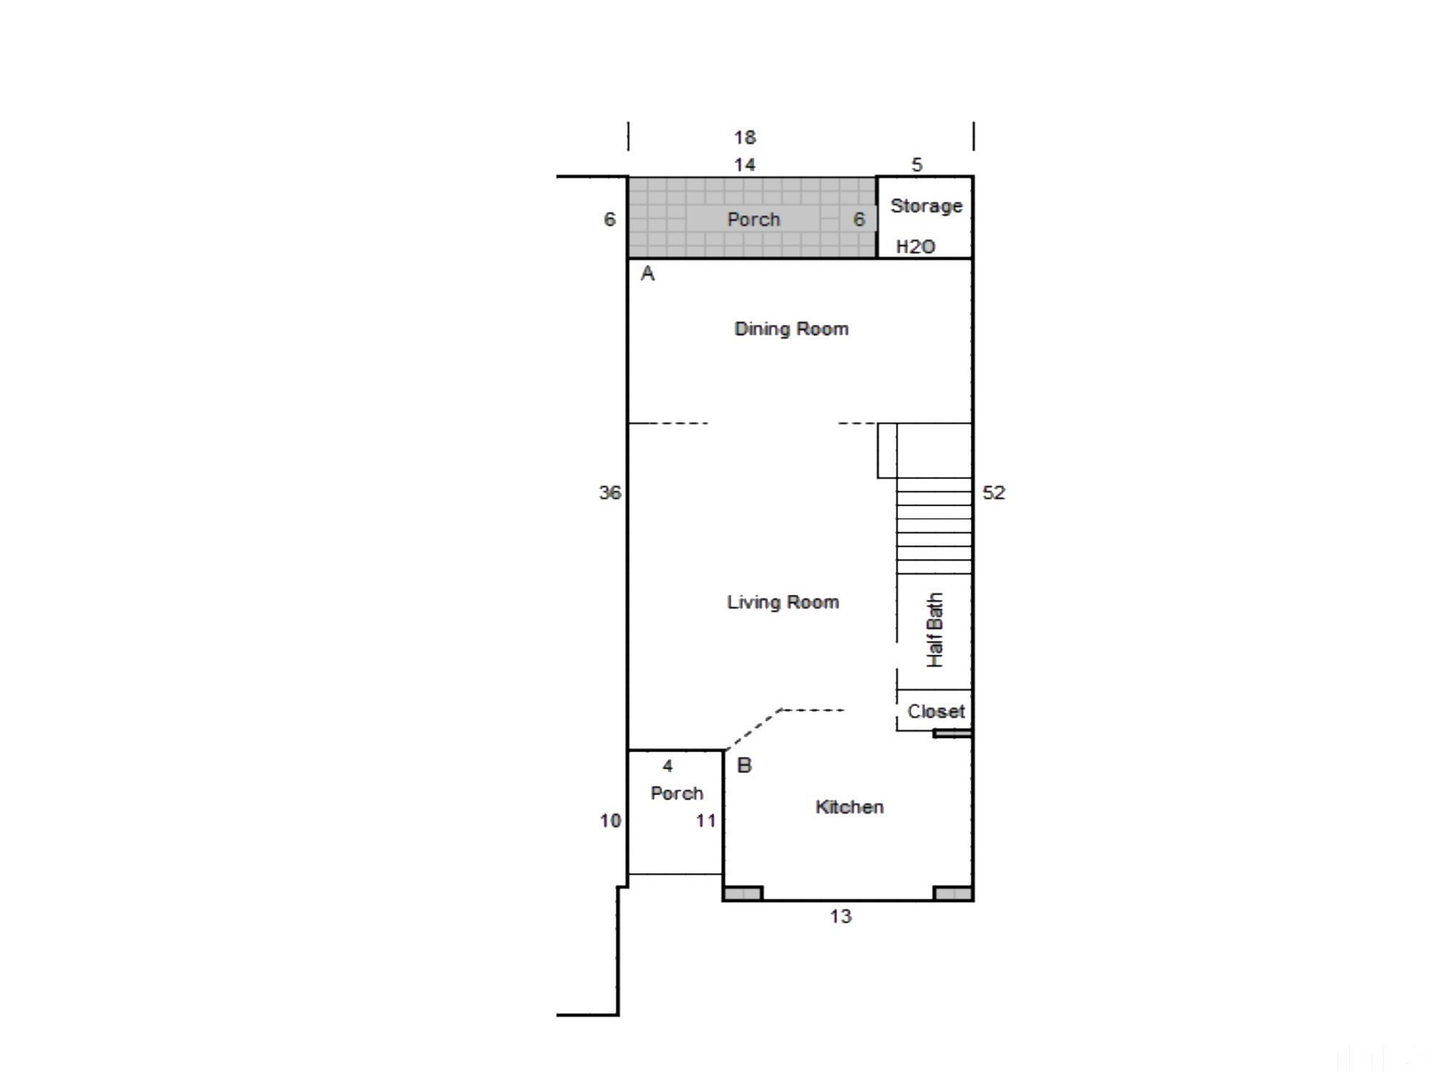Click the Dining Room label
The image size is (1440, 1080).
[x=791, y=329]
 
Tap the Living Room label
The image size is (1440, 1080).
[x=783, y=602]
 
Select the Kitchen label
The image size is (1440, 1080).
[x=850, y=806]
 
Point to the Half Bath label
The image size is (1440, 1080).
[x=935, y=630]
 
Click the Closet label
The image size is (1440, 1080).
[x=935, y=711]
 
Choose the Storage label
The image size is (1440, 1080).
[x=926, y=206]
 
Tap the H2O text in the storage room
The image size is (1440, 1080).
[x=915, y=247]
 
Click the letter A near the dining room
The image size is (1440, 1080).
[x=647, y=274]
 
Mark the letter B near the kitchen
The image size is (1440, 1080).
[x=744, y=765]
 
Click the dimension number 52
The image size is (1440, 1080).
[x=994, y=492]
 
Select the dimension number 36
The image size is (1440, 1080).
[x=610, y=492]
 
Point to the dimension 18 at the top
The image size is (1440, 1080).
[x=744, y=137]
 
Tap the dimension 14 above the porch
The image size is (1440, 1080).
[x=744, y=165]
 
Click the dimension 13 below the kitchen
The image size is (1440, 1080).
[x=840, y=917]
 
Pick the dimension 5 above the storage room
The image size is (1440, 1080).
[x=917, y=165]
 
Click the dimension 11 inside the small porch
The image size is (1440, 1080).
[x=706, y=821]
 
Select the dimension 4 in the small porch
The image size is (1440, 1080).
[x=667, y=766]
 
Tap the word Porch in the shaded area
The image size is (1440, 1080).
[x=753, y=220]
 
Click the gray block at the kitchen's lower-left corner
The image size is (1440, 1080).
[x=742, y=894]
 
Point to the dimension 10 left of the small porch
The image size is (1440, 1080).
[x=610, y=821]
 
